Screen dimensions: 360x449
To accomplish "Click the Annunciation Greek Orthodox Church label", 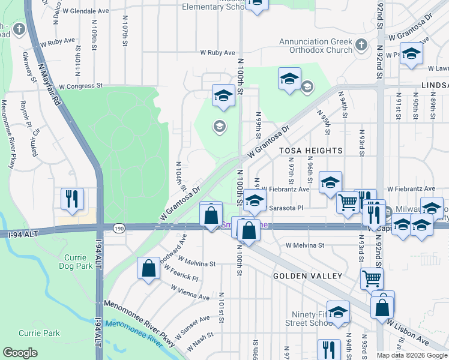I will point(316,46).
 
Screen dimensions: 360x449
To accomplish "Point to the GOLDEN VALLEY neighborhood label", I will point(307,276).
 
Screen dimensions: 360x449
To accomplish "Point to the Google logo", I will point(20,353).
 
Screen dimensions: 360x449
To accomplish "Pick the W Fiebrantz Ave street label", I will point(285,189).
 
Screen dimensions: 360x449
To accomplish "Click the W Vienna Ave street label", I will point(190,293).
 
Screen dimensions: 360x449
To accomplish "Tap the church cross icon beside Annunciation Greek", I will point(361,45).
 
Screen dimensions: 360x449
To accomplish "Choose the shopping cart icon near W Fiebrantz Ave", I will point(348,202).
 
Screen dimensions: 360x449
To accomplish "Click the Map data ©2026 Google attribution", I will point(411,355).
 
